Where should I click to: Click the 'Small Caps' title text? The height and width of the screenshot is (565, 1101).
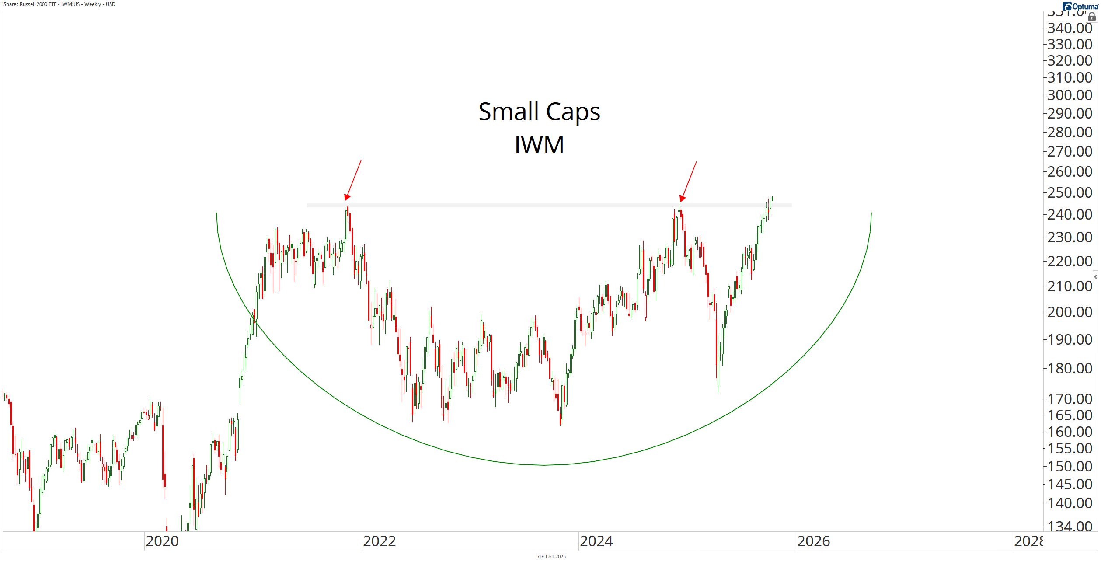[x=539, y=112]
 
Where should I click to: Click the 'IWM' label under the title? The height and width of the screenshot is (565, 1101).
[x=539, y=145]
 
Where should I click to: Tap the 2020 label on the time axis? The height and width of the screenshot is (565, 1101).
[x=162, y=541]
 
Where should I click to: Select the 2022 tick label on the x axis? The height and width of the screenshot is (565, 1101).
[x=379, y=541]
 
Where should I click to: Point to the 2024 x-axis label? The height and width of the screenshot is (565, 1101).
[x=596, y=541]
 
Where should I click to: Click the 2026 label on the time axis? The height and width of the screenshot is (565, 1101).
[x=813, y=541]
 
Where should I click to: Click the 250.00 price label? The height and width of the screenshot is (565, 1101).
[x=1070, y=192]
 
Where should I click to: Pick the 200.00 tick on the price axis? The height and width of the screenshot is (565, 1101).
[x=1070, y=312]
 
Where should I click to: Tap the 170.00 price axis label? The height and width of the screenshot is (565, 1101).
[x=1070, y=399]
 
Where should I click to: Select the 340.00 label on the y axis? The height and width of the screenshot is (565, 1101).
[x=1070, y=28]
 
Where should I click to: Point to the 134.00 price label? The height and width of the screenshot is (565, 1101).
[x=1070, y=526]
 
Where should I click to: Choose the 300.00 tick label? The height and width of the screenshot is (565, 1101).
[x=1070, y=95]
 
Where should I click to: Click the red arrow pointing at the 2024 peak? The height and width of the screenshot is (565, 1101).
[x=688, y=181]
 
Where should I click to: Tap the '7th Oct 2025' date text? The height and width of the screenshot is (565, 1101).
[x=551, y=557]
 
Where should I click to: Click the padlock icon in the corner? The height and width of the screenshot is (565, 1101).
[x=1092, y=17]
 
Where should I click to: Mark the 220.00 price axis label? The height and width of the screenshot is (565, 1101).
[x=1070, y=261]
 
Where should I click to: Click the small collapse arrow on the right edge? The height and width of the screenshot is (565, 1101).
[x=1096, y=277]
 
